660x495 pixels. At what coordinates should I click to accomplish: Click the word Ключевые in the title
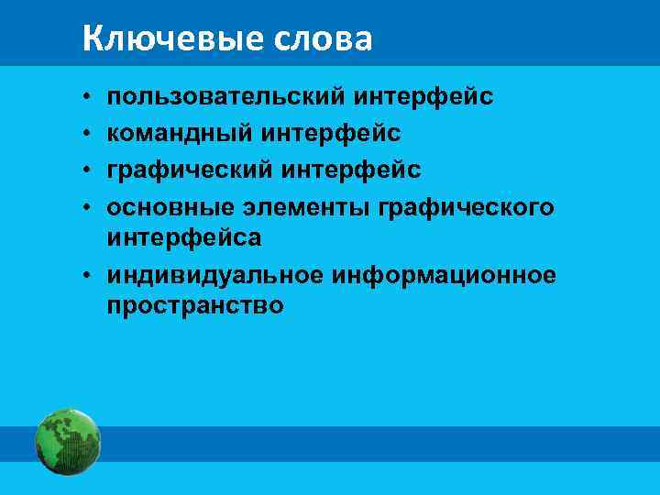click(x=156, y=38)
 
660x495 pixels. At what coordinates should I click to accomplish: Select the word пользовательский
click(x=224, y=96)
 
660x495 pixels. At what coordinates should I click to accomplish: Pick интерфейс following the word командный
click(x=331, y=133)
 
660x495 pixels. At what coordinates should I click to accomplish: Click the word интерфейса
click(x=184, y=237)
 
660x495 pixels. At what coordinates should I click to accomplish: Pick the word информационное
click(x=445, y=275)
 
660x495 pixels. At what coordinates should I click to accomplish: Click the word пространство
click(x=195, y=305)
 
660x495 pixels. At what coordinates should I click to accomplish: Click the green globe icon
click(x=67, y=443)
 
